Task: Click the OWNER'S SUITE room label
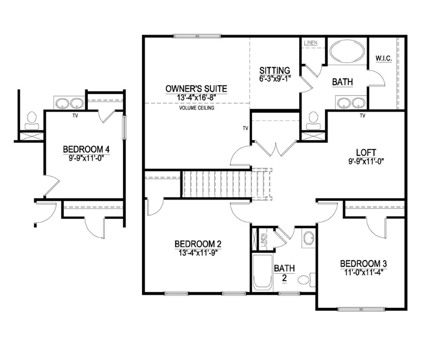[196, 88]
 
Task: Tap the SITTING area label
[275, 71]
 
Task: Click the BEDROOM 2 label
[197, 244]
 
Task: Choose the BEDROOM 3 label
[363, 263]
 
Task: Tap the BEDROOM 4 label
[86, 150]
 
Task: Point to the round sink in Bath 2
[308, 239]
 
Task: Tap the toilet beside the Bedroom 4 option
[32, 120]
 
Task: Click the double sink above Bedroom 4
[69, 103]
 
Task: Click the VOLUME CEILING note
[197, 108]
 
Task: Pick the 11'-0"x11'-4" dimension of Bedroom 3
[363, 271]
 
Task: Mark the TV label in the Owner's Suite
[245, 128]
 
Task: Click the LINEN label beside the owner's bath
[310, 43]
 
